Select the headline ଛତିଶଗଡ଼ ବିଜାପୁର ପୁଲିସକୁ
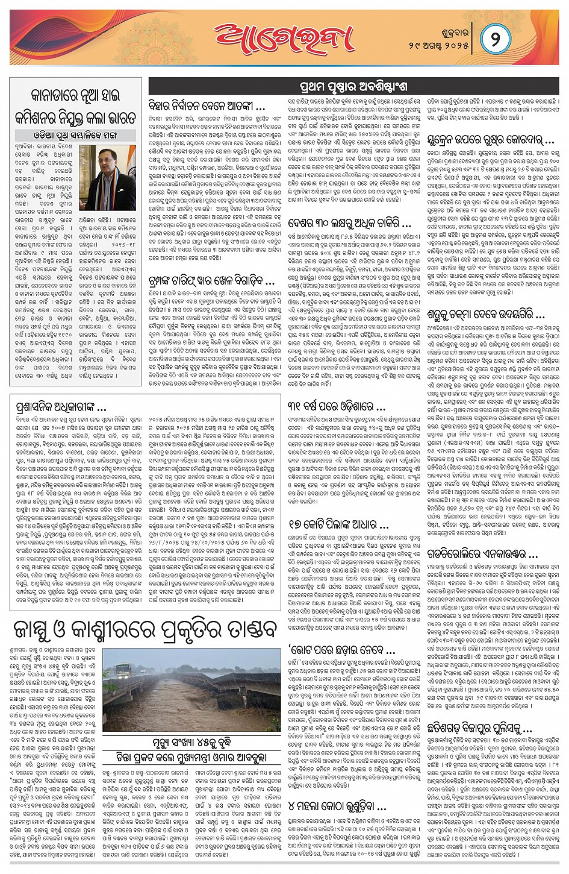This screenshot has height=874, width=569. (480, 728)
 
